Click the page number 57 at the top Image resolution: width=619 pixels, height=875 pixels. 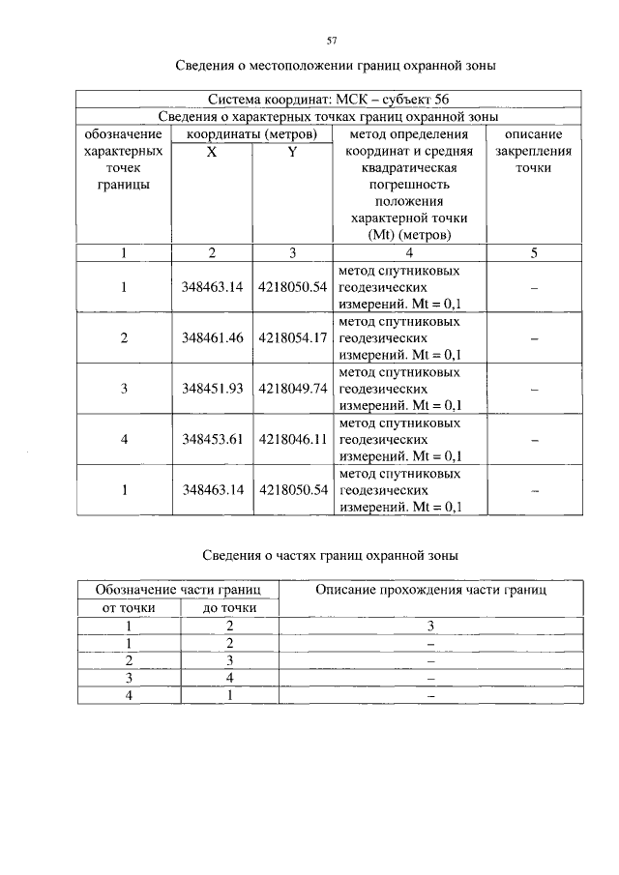332,41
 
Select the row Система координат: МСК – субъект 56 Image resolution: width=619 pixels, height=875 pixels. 329,100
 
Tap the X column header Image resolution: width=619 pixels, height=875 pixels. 211,152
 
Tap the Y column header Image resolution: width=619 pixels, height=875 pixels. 291,152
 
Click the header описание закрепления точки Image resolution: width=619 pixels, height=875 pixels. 534,152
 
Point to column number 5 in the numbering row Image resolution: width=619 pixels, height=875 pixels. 534,253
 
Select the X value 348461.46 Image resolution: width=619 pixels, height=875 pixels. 212,338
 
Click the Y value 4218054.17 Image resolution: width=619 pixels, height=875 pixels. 293,338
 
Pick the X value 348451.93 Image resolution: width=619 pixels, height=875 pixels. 212,389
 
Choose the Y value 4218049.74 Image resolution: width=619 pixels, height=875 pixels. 293,389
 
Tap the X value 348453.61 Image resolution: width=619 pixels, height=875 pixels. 212,439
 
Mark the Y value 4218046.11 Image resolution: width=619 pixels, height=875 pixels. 293,439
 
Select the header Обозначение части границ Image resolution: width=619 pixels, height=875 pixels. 178,589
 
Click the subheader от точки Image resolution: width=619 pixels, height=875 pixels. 129,607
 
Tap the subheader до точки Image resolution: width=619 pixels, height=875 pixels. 229,607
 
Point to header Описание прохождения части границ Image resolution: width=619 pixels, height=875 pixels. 430,589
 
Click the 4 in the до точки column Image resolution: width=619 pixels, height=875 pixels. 229,679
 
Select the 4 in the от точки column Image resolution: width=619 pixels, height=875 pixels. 129,696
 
